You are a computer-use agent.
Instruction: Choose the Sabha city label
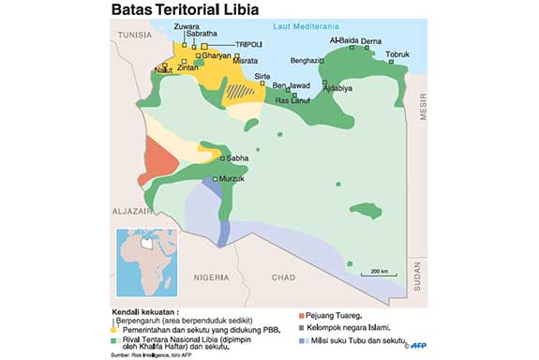pyautogui.click(x=237, y=158)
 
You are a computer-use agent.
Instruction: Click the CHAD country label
pyautogui.click(x=283, y=277)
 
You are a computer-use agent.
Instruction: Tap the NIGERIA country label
pyautogui.click(x=208, y=277)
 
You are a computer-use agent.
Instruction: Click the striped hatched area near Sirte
pyautogui.click(x=246, y=92)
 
